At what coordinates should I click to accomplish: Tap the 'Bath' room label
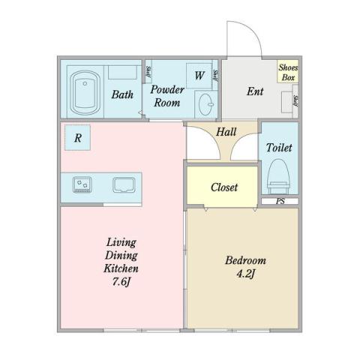point(122,95)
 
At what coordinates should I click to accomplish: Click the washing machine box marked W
point(199,75)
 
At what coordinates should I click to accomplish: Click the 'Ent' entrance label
point(256,92)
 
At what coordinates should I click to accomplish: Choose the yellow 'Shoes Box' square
point(288,72)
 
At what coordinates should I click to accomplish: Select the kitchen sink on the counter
point(124,184)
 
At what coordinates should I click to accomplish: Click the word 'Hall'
point(226,132)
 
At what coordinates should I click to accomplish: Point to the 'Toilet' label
point(279,148)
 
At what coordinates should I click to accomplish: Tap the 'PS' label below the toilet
point(280,201)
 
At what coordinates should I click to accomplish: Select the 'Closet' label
point(223,187)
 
